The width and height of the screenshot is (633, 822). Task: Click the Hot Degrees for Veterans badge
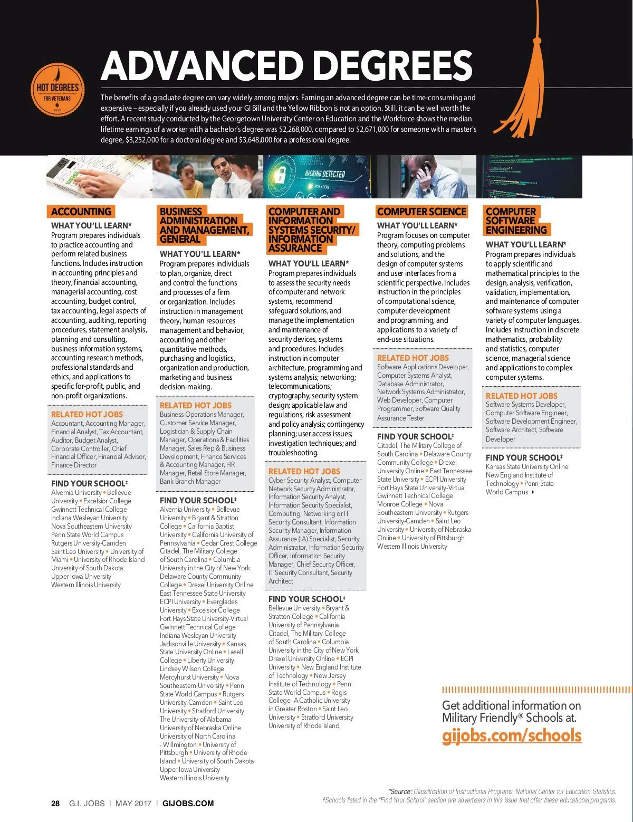[x=57, y=90]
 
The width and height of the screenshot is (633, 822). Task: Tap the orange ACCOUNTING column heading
[x=81, y=212]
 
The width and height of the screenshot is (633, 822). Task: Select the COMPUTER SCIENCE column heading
[x=421, y=212]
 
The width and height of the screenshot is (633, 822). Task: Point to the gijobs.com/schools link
[x=511, y=735]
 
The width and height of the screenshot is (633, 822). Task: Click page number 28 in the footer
[x=55, y=804]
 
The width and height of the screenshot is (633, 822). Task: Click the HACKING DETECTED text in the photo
[x=324, y=174]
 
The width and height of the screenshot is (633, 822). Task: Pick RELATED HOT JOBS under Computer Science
[x=413, y=358]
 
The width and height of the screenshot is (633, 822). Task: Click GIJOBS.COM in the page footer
[x=188, y=804]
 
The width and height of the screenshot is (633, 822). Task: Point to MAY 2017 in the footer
[x=133, y=804]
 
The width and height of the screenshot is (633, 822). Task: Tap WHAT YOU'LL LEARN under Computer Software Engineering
[x=525, y=244]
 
